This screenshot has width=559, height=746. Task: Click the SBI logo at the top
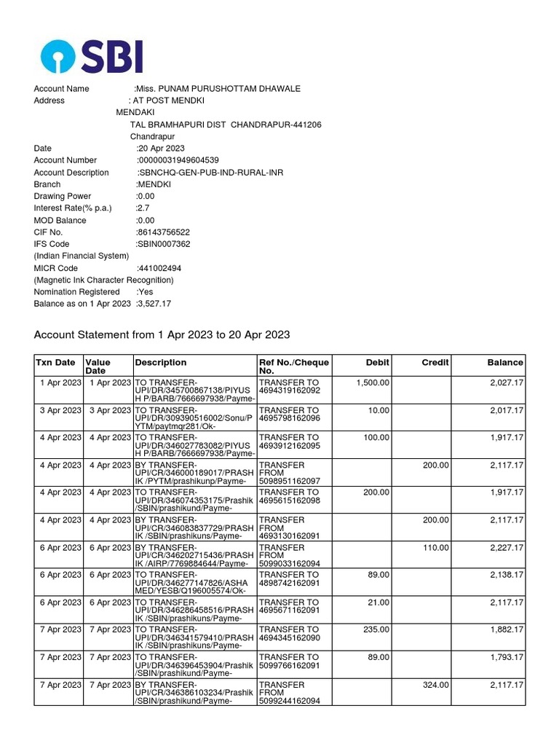click(x=92, y=56)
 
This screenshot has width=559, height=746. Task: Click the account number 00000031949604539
click(x=178, y=160)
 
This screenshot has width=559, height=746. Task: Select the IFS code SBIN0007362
click(x=163, y=244)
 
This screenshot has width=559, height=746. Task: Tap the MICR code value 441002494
click(x=159, y=268)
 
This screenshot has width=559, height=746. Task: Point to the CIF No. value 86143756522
click(x=163, y=232)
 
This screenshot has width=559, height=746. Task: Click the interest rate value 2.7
click(x=143, y=208)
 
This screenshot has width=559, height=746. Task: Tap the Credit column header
click(x=435, y=362)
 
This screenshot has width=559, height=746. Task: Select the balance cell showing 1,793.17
click(x=505, y=658)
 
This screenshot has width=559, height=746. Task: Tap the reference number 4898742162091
click(x=289, y=584)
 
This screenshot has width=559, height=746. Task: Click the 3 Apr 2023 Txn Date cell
click(x=60, y=411)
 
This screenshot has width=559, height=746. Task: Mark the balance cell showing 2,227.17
click(x=505, y=548)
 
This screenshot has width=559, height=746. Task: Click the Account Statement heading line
click(x=162, y=335)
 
